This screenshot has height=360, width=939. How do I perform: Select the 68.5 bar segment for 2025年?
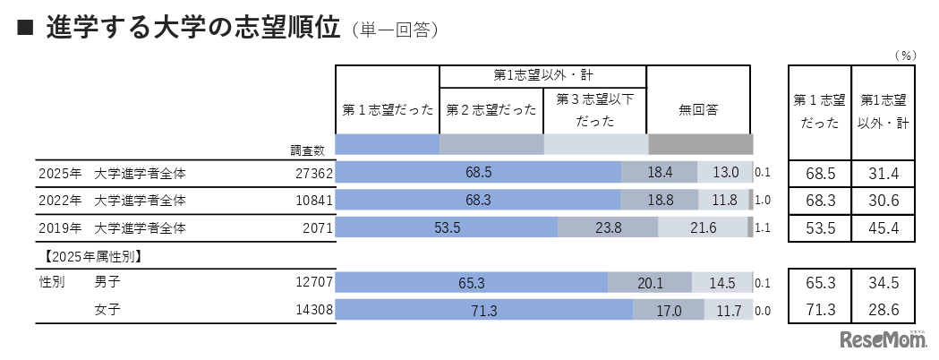click(478, 173)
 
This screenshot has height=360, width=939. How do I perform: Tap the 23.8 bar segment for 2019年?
click(608, 228)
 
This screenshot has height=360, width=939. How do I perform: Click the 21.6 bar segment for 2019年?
click(704, 228)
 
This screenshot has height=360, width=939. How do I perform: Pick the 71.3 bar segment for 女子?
click(483, 312)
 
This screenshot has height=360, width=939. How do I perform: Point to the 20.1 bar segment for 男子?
click(649, 284)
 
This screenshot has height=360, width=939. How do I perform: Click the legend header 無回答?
click(699, 109)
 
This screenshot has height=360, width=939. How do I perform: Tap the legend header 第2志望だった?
click(491, 109)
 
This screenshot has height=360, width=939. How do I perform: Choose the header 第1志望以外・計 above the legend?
click(542, 75)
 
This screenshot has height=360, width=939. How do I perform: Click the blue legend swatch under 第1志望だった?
click(388, 144)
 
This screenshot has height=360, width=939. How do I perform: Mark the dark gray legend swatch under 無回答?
click(700, 144)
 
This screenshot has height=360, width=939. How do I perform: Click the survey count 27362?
click(313, 173)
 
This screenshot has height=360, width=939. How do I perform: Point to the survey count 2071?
click(318, 228)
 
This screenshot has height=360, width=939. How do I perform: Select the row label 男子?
click(107, 284)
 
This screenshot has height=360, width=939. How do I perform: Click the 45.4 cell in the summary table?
click(883, 228)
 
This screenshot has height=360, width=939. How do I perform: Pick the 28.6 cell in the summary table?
click(883, 312)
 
